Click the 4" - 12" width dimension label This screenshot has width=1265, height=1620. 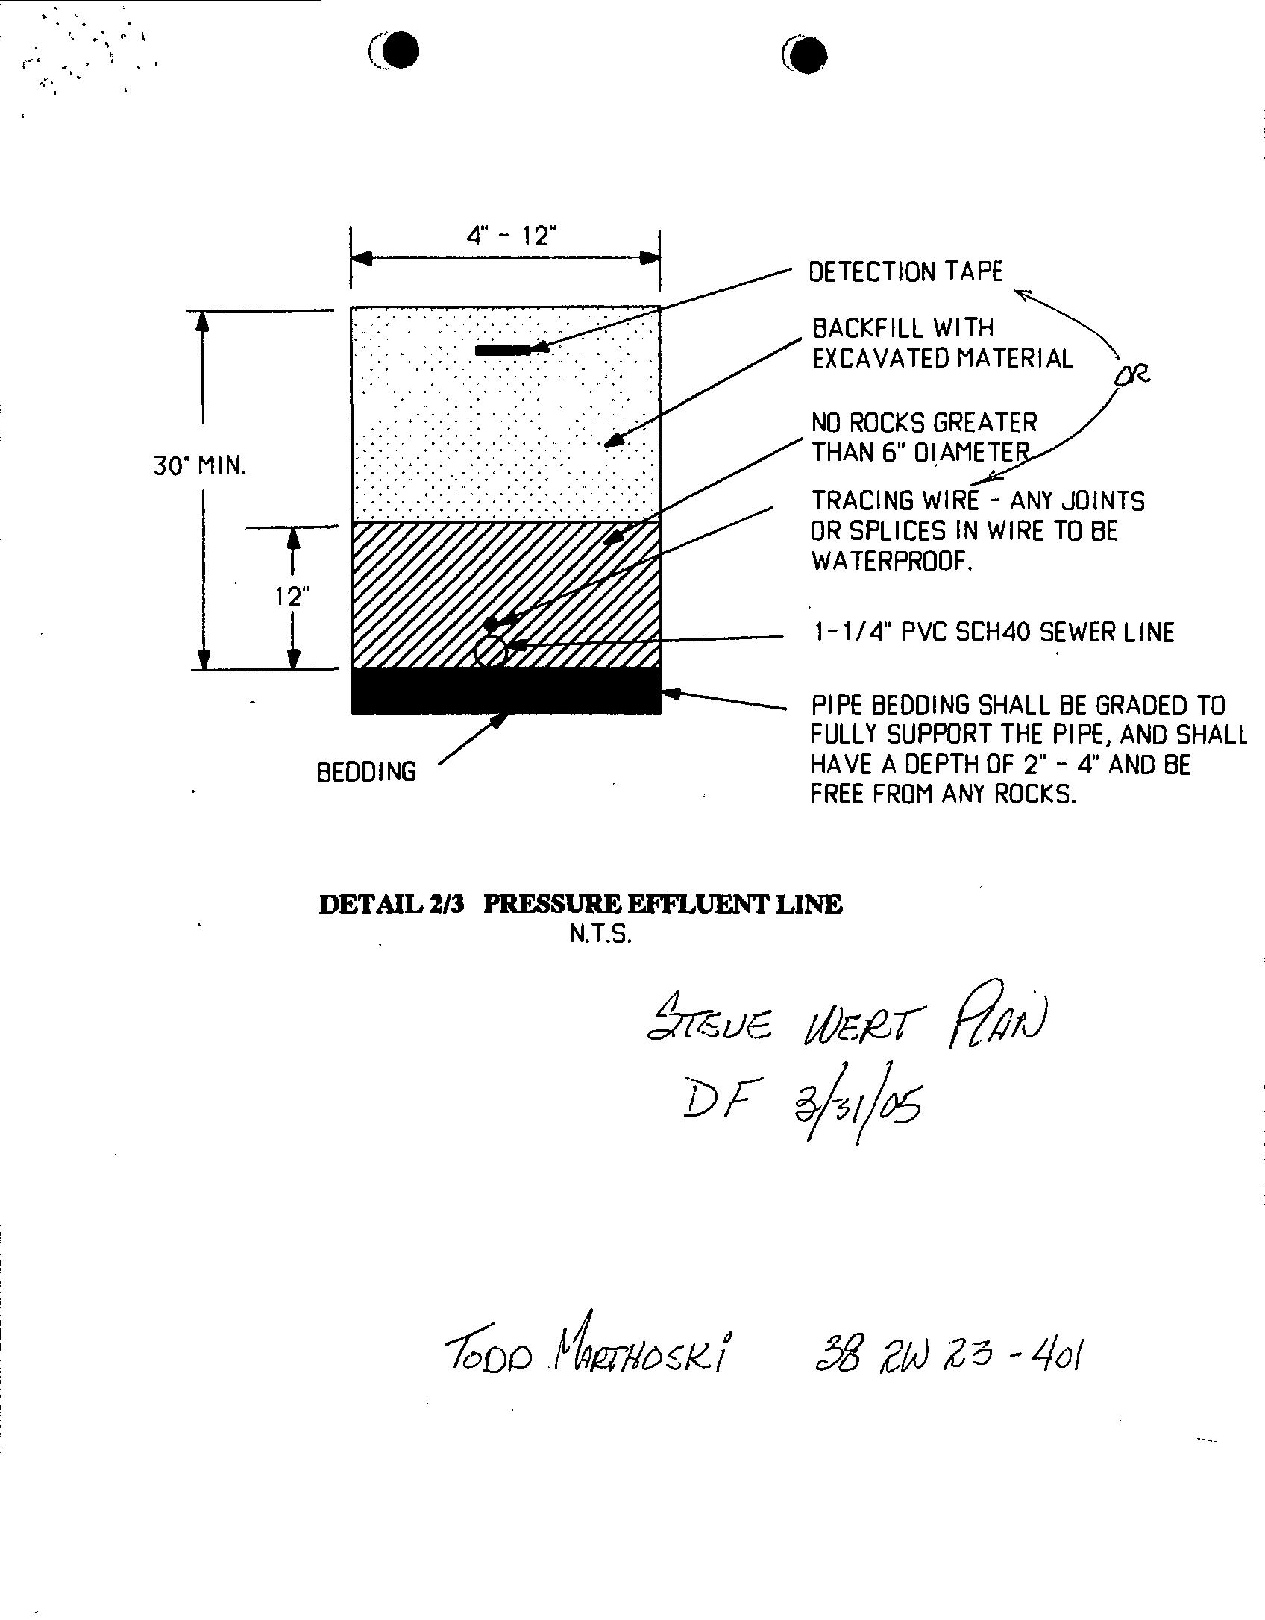click(x=512, y=236)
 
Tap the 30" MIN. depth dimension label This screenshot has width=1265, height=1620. click(x=199, y=466)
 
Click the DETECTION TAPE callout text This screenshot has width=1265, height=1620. click(x=905, y=271)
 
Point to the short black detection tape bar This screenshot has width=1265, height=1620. click(x=503, y=350)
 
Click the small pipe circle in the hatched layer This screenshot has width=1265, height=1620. click(x=490, y=651)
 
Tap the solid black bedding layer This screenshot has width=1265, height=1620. click(x=506, y=691)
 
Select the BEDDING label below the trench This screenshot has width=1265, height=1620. click(x=366, y=771)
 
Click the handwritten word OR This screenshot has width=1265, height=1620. click(x=1131, y=374)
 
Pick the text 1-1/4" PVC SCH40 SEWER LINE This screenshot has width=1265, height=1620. click(x=993, y=632)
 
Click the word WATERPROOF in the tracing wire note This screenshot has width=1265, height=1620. click(x=891, y=562)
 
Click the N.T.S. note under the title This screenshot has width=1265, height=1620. click(x=600, y=935)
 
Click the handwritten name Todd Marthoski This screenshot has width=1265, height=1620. click(x=586, y=1353)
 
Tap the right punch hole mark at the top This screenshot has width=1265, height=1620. click(x=806, y=54)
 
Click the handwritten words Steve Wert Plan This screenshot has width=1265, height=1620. click(x=847, y=1025)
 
